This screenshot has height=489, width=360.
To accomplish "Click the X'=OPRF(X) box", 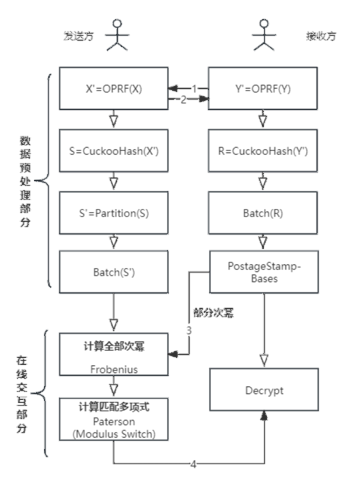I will [113, 88].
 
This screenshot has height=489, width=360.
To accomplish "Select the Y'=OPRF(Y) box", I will [262, 88].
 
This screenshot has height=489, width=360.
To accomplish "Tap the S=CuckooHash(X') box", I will [113, 151].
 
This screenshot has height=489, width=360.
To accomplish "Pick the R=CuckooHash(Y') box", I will [262, 151].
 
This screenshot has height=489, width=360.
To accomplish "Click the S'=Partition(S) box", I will [113, 213].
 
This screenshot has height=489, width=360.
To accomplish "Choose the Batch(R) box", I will [262, 213].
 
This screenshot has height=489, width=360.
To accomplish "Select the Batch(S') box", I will [113, 272].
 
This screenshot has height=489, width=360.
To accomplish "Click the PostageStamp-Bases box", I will [263, 272].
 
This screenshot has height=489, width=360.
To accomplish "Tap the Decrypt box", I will [264, 390].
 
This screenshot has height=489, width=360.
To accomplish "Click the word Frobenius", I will [114, 369].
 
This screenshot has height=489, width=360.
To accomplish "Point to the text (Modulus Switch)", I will [114, 434].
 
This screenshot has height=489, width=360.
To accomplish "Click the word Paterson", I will [114, 421].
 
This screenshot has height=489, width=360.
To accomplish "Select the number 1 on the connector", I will [194, 89].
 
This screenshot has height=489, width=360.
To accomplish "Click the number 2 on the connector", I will [183, 99].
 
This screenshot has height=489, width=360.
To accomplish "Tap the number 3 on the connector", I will [188, 330].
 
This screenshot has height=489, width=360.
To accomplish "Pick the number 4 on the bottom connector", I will [193, 464].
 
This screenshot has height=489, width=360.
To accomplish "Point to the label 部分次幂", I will [213, 313].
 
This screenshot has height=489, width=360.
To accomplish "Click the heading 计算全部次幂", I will [114, 346].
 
